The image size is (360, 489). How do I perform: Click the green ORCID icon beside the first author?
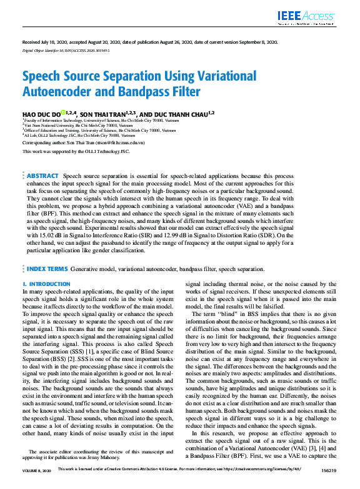pyautogui.click(x=64, y=112)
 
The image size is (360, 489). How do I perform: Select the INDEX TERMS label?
pyautogui.click(x=47, y=268)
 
